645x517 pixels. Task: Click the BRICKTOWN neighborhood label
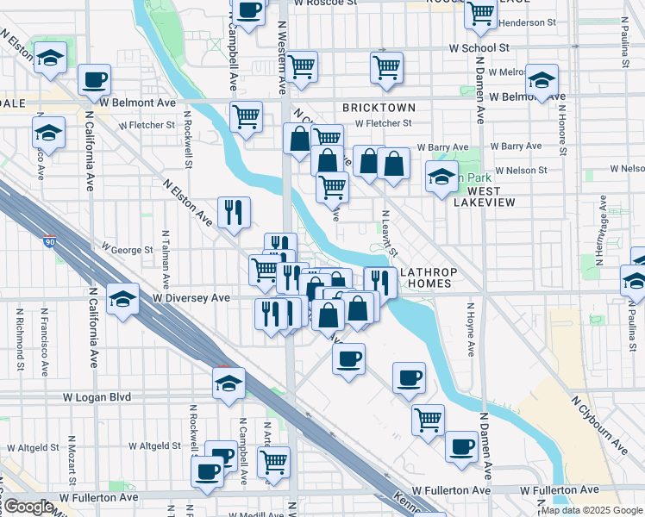point(379,108)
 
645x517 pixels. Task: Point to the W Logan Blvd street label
point(97,397)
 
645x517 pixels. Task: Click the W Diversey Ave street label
point(191,298)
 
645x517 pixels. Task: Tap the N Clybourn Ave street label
point(599,424)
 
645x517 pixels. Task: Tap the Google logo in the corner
point(28,507)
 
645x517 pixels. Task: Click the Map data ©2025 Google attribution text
point(592,510)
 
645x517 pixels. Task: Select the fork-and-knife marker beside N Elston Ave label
point(233,212)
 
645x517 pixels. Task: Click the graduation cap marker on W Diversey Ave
point(123,299)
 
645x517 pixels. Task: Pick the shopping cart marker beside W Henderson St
point(480,13)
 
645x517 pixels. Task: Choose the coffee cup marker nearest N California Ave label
point(94,79)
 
